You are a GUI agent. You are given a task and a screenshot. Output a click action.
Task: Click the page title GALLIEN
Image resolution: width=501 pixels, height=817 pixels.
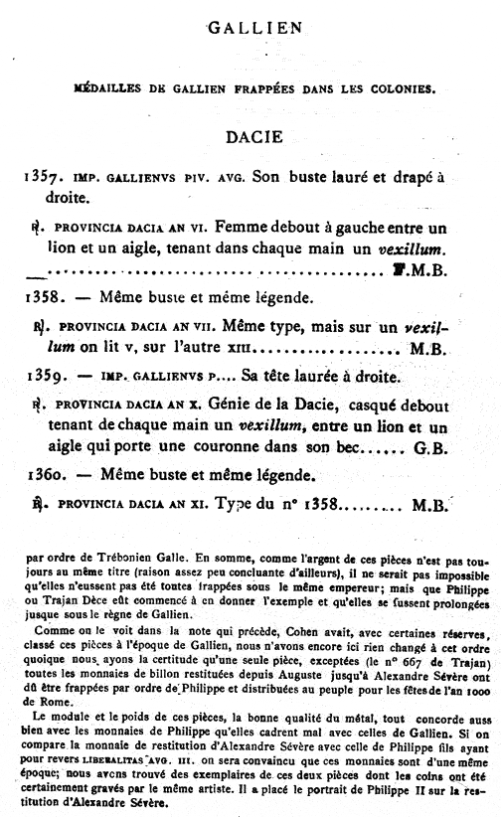pos(253,29)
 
